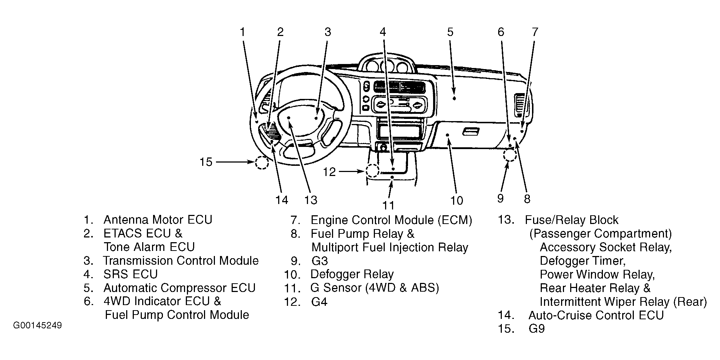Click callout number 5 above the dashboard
click(x=450, y=32)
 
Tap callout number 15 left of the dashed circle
click(x=206, y=162)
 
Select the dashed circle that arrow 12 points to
click(x=372, y=171)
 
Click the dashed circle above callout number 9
click(x=510, y=155)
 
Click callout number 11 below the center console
click(x=388, y=205)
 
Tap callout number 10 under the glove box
click(x=457, y=200)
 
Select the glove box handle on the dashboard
click(x=471, y=132)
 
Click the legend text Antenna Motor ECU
click(x=158, y=220)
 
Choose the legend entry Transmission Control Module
click(x=181, y=261)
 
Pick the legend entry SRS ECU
click(x=131, y=274)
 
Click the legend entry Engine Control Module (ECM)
click(x=391, y=220)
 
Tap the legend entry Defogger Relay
click(x=352, y=274)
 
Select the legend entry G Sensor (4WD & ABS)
click(x=375, y=288)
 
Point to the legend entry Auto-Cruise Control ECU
click(x=596, y=315)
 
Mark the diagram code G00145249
click(x=37, y=325)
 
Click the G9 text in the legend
click(x=537, y=329)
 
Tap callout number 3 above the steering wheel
click(x=328, y=32)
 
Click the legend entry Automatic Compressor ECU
click(x=180, y=288)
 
